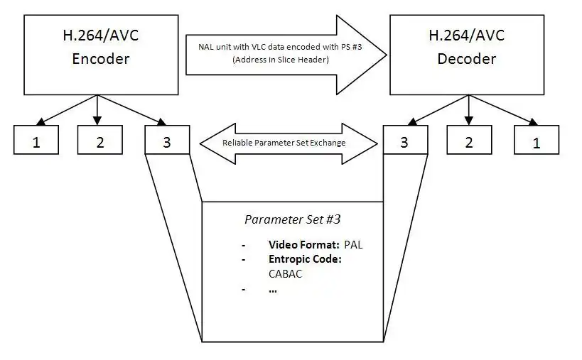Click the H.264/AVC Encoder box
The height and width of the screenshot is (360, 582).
pyautogui.click(x=101, y=54)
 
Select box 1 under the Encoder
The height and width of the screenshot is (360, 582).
pyautogui.click(x=36, y=141)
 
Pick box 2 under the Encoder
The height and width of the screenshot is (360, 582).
pyautogui.click(x=100, y=141)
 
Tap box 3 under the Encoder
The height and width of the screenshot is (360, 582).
pyautogui.click(x=167, y=141)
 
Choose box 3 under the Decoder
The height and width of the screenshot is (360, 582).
pyautogui.click(x=404, y=141)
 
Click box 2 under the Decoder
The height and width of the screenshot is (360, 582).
pyautogui.click(x=469, y=141)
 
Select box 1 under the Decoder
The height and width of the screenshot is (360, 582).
pyautogui.click(x=537, y=141)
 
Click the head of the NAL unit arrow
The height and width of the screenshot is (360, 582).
pyautogui.click(x=370, y=54)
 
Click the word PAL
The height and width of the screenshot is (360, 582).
pyautogui.click(x=353, y=245)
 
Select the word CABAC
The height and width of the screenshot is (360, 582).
pyautogui.click(x=286, y=274)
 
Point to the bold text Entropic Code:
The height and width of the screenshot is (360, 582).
pyautogui.click(x=305, y=259)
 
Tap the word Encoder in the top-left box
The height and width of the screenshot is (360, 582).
pyautogui.click(x=101, y=60)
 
